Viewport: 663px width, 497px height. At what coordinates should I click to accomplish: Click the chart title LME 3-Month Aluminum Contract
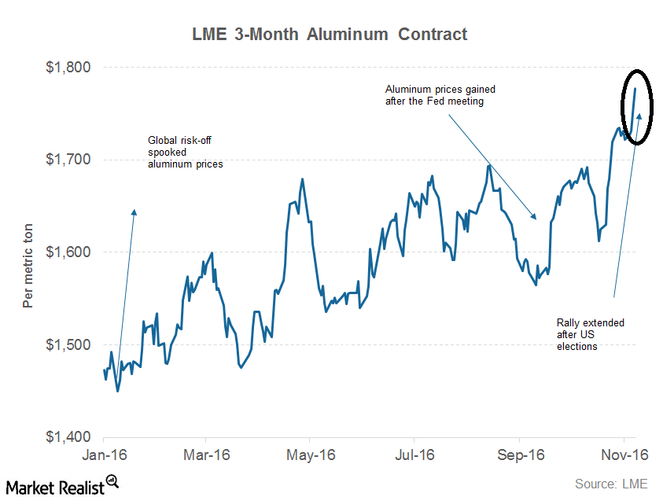point(330,35)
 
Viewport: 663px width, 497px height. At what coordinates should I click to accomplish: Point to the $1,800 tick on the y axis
point(70,68)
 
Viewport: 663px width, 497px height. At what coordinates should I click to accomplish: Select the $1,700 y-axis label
point(70,160)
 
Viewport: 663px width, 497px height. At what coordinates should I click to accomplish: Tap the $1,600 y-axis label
point(70,252)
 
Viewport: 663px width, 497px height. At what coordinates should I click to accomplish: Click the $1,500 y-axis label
point(70,344)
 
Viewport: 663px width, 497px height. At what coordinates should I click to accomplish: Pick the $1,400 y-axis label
point(70,437)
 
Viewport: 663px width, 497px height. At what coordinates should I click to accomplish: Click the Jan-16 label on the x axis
point(102,455)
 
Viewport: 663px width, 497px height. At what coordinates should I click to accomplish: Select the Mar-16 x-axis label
point(206,455)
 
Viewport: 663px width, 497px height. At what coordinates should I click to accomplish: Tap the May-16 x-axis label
point(311,455)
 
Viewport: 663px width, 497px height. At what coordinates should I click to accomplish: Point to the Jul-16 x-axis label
point(414,455)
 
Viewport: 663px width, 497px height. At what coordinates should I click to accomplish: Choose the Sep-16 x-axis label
point(519,455)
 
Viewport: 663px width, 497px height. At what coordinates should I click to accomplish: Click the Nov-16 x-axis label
point(624,455)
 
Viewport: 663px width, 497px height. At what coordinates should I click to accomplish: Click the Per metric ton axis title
point(28,252)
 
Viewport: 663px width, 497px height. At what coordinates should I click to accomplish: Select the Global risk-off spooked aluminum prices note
point(186,153)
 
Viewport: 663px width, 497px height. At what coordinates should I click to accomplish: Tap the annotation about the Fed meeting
point(440,95)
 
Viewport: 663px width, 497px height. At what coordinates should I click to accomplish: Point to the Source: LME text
point(610,484)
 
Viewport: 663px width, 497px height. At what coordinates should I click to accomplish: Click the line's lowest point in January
point(118,391)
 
